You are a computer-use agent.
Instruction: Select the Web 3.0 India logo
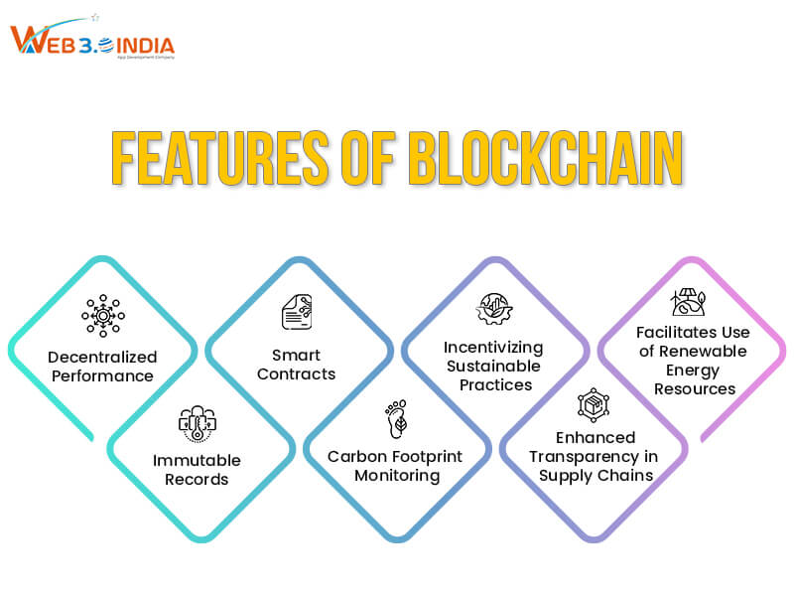(91, 42)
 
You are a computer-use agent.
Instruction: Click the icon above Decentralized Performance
(103, 316)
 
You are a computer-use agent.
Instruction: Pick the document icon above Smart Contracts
(297, 313)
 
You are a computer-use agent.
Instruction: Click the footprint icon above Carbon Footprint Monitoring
(396, 419)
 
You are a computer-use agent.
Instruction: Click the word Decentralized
(103, 357)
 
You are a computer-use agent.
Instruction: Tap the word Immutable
(197, 460)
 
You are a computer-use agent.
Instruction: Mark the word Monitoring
(398, 475)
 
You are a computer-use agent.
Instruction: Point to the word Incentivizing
(493, 348)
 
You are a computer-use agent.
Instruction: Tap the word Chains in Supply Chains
(626, 475)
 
